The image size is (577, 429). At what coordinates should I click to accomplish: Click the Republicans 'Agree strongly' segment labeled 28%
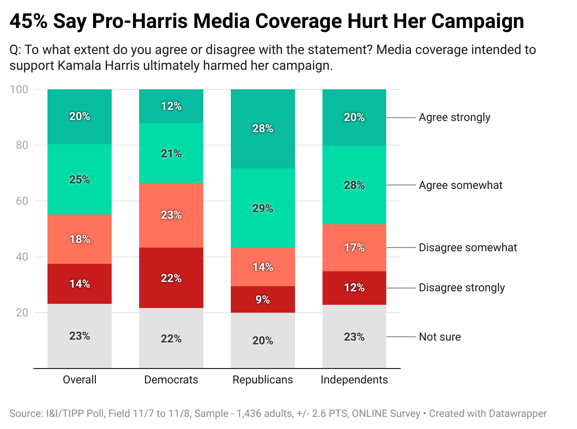[x=263, y=128]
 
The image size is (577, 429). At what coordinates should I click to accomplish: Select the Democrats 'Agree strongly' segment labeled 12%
[x=171, y=106]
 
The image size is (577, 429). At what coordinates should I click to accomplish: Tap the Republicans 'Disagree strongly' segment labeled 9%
[x=263, y=300]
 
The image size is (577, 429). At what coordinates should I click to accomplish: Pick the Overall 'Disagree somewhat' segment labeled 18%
[x=80, y=239]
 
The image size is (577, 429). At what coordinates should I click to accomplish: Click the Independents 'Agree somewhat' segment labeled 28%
[x=354, y=185]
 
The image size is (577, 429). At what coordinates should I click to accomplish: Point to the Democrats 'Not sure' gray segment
[x=171, y=338]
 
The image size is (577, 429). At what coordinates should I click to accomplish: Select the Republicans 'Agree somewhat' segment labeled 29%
[x=263, y=208]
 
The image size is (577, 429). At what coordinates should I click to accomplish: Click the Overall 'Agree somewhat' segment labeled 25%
[x=80, y=179]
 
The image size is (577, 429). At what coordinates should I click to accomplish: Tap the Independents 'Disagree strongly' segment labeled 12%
[x=354, y=288]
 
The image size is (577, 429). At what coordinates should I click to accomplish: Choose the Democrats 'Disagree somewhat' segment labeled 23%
[x=171, y=215]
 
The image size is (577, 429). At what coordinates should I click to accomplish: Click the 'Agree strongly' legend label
[x=454, y=117]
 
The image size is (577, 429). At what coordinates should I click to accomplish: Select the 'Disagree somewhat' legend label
[x=468, y=247]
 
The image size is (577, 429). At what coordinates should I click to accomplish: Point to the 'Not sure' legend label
[x=440, y=337]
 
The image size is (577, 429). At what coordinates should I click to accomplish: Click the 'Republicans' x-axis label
[x=263, y=380]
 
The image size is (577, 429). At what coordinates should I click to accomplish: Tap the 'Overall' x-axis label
[x=80, y=380]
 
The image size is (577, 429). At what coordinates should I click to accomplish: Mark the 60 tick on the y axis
[x=24, y=201]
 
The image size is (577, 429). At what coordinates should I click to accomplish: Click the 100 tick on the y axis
[x=21, y=89]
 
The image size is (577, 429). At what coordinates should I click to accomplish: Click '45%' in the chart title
[x=28, y=22]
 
